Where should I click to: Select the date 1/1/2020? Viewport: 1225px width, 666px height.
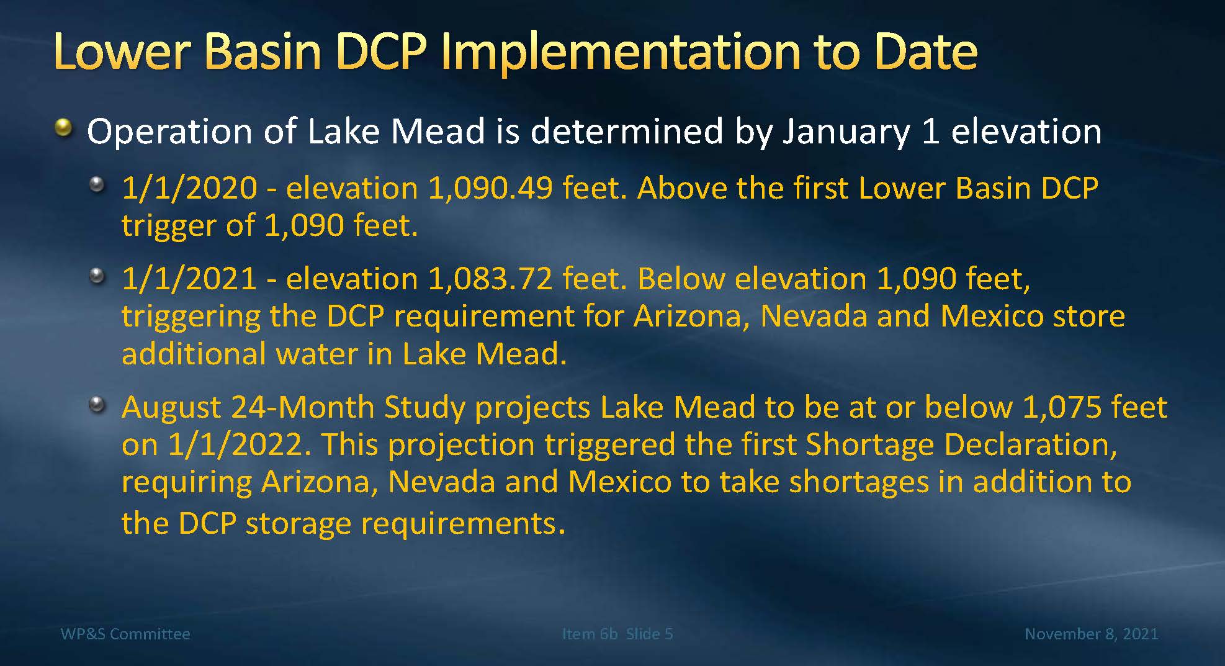point(189,188)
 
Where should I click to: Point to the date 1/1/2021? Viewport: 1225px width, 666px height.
point(189,279)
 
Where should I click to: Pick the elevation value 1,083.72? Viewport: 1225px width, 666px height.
point(490,279)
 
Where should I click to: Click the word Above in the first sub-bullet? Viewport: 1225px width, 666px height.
point(680,188)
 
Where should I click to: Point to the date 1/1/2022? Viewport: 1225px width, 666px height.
point(238,445)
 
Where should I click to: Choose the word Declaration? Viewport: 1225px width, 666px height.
point(1026,445)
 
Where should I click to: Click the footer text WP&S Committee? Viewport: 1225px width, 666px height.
point(125,634)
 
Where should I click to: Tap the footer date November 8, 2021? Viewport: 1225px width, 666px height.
point(1091,634)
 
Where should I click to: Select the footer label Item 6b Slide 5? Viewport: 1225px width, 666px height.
point(617,634)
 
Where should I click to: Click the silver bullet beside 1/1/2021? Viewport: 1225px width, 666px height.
point(97,276)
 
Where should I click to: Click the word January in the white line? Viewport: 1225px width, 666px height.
point(846,133)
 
